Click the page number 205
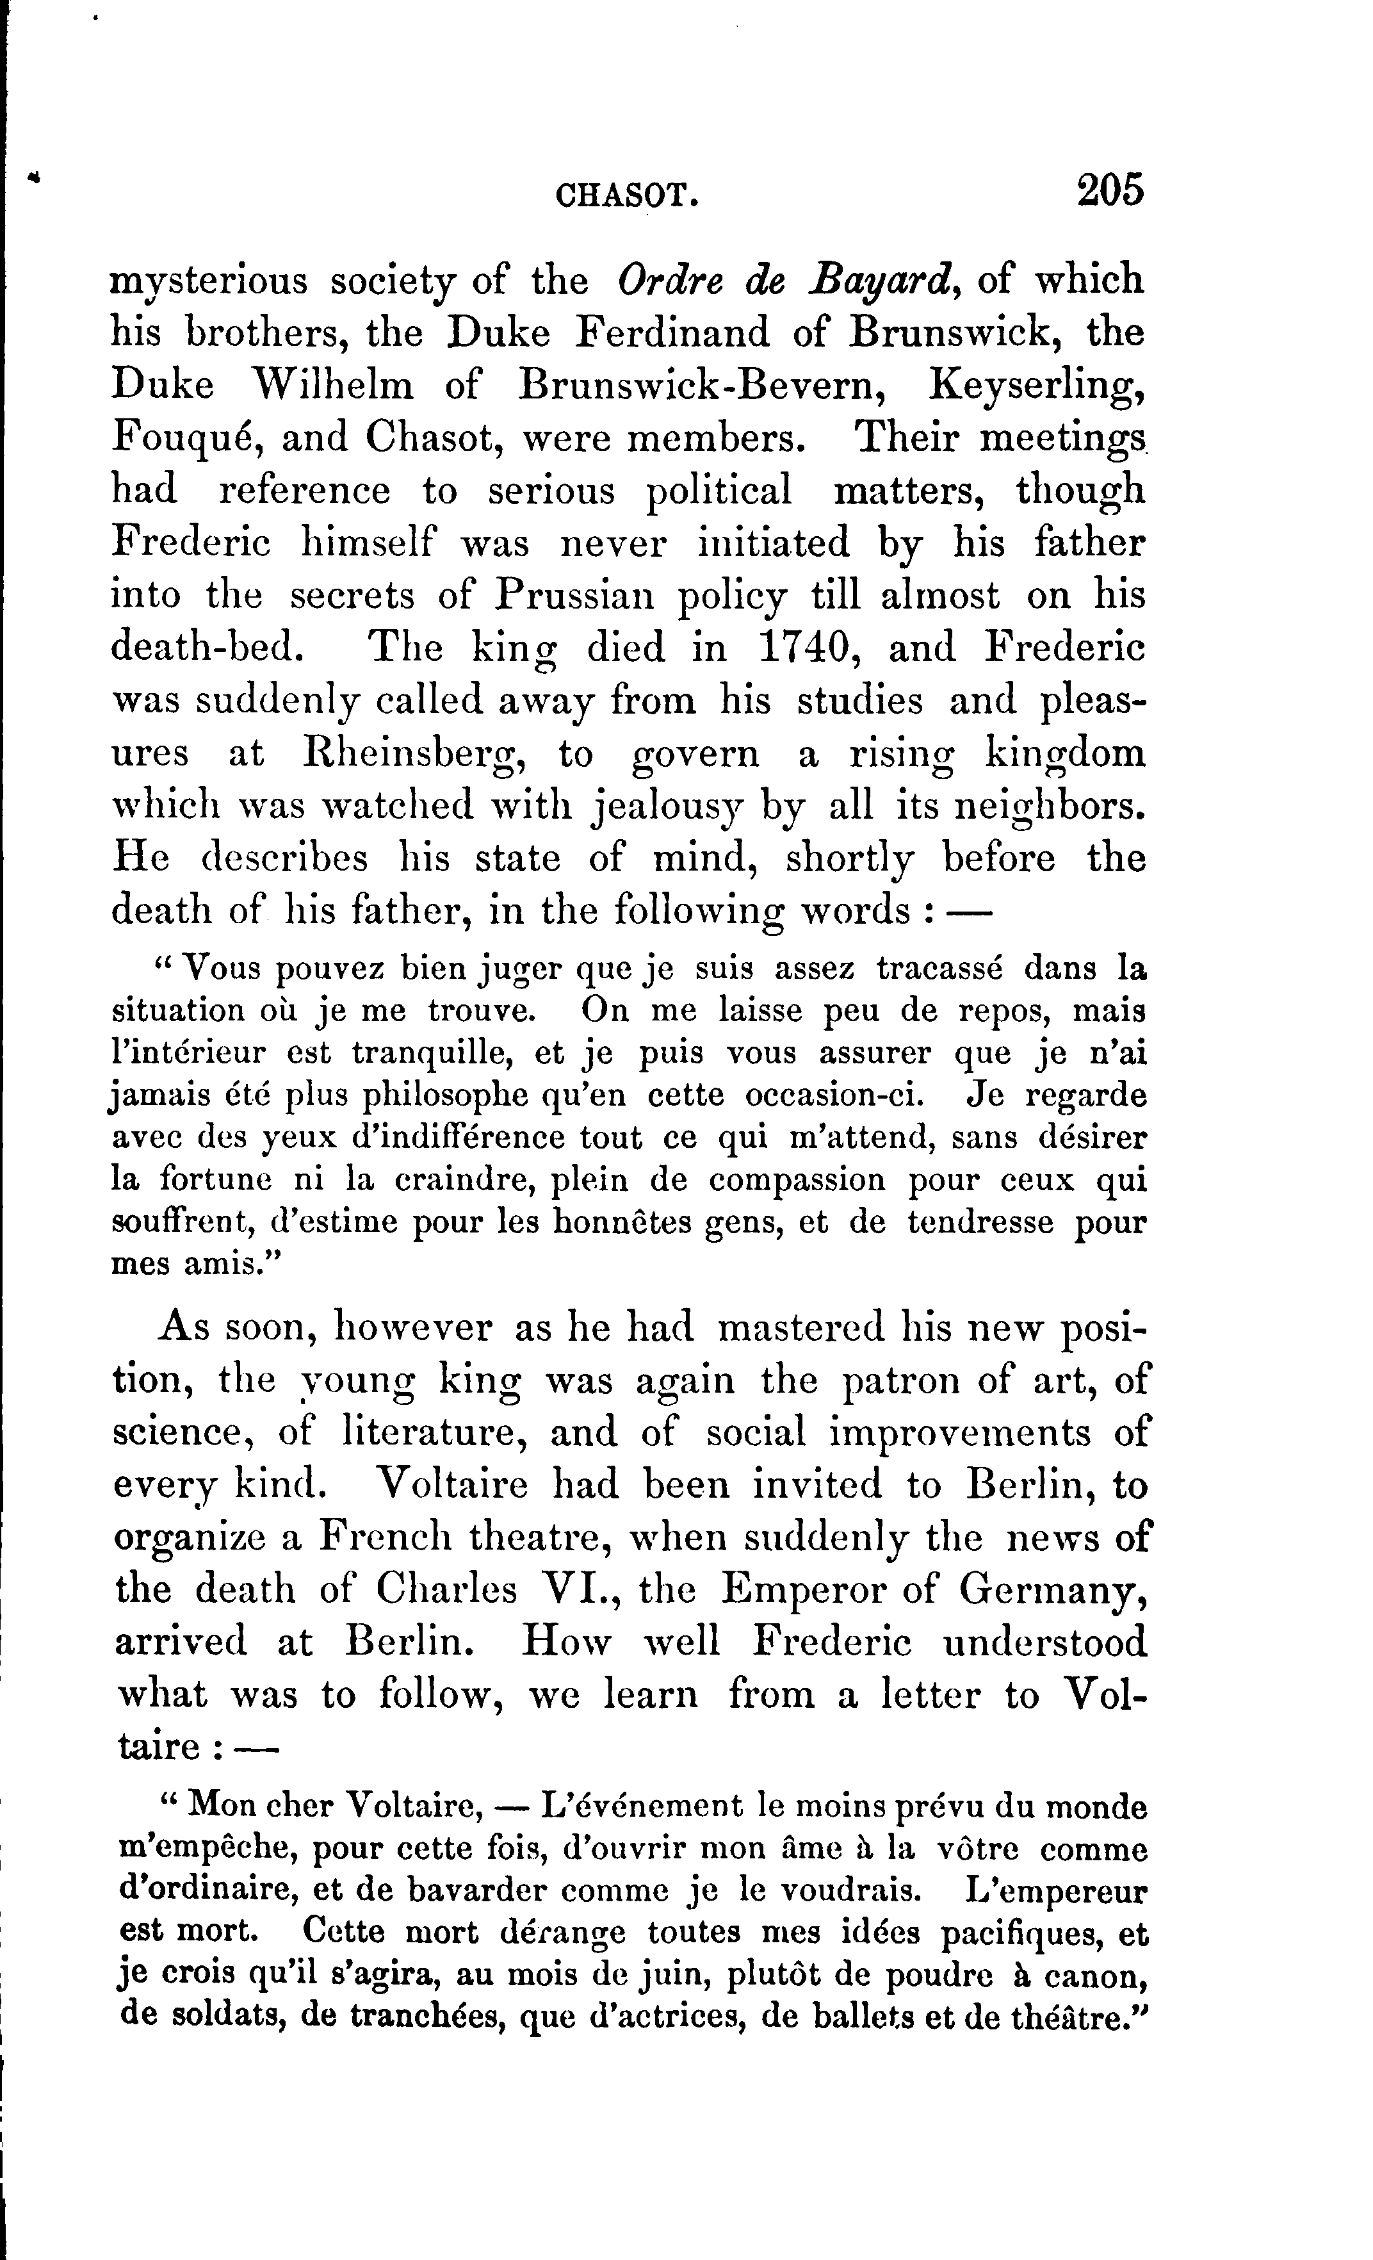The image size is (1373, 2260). point(1110,191)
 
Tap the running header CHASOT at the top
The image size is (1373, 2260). point(628,195)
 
